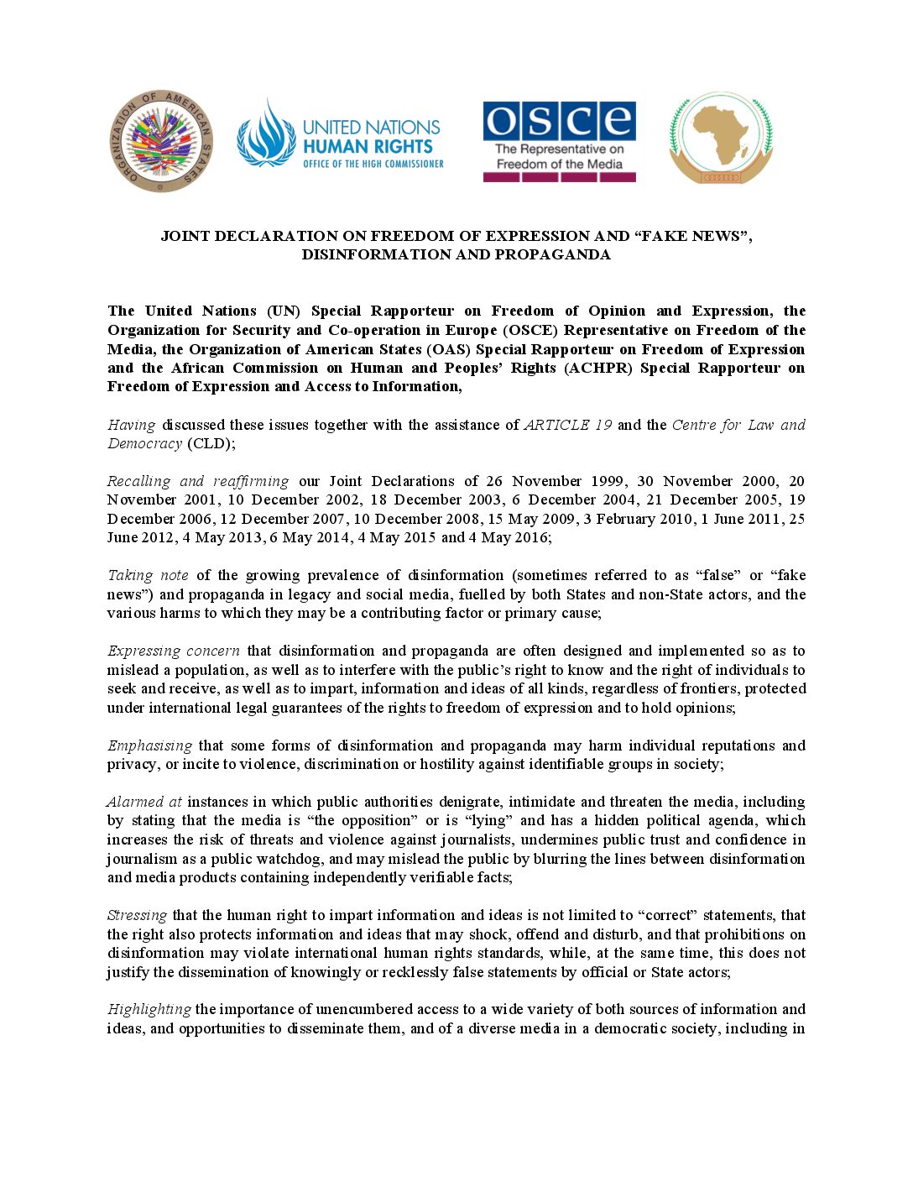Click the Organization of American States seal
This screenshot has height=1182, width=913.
point(161,141)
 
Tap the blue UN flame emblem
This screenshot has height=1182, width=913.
point(266,134)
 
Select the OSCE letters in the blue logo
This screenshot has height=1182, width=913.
point(559,121)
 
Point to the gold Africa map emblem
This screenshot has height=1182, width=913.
point(721,136)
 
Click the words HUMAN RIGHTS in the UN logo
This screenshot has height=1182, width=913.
point(368,146)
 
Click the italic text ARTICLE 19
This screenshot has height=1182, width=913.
point(568,425)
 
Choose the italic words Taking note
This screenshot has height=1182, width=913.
point(148,575)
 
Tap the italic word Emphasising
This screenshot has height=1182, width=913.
point(149,745)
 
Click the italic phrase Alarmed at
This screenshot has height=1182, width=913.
point(144,802)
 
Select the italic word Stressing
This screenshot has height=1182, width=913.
point(137,915)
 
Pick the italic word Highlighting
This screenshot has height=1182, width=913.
point(149,1009)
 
